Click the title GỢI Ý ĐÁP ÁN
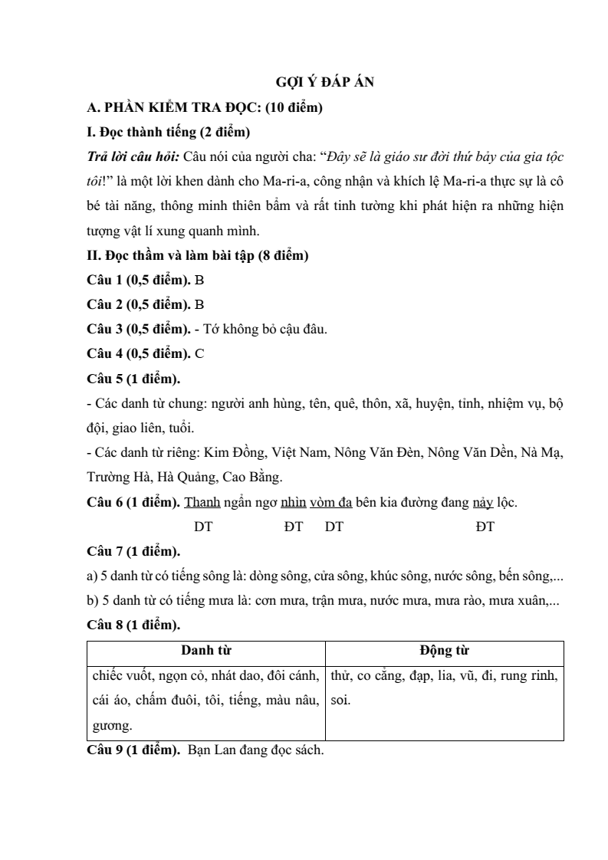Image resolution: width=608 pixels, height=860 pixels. point(324,83)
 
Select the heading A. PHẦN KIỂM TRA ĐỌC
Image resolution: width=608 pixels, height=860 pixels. point(204,107)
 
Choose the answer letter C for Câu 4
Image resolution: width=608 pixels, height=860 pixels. point(199,354)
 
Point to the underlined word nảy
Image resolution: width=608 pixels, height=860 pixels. point(485,503)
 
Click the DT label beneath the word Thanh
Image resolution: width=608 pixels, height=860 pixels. point(203,527)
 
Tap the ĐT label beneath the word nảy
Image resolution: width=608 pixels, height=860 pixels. point(485,527)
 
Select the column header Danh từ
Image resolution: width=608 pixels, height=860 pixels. point(206,651)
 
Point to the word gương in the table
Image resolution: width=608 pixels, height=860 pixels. point(110,724)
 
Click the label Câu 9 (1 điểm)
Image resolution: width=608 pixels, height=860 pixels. point(133,750)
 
